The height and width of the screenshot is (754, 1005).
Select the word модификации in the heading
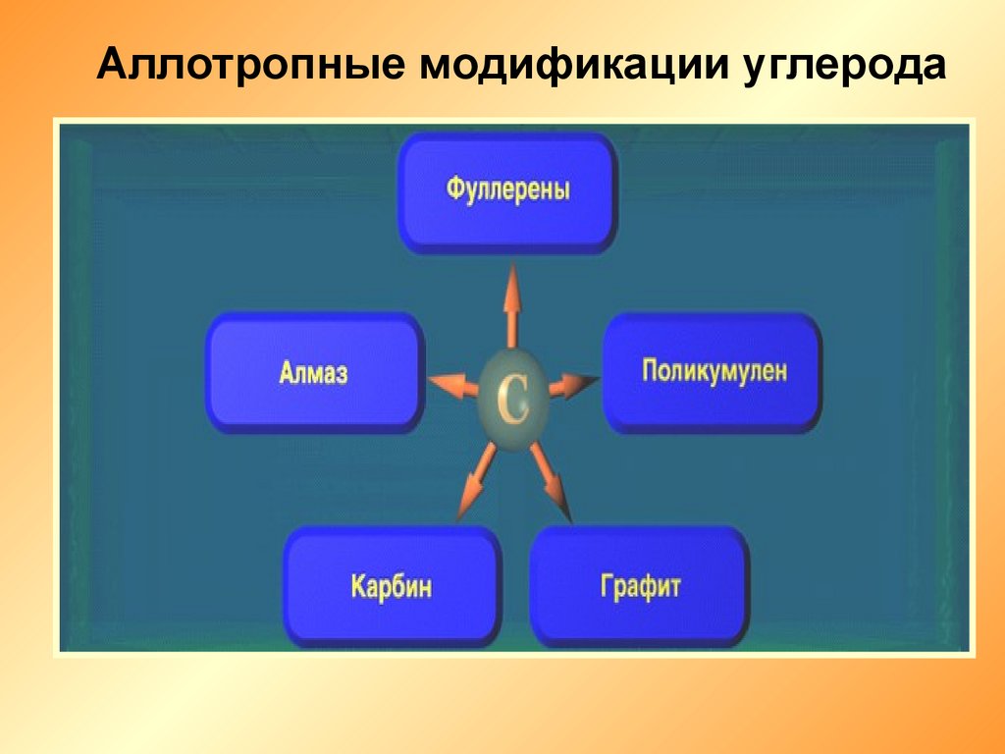[x=574, y=65]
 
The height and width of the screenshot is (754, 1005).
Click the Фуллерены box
[x=507, y=191]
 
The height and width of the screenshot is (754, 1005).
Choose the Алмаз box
[x=314, y=372]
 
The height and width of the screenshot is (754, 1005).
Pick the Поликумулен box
[x=713, y=372]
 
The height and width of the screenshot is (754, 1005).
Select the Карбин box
[x=393, y=586]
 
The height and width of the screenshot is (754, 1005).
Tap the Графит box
[x=639, y=586]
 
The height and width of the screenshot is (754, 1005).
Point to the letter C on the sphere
[x=513, y=400]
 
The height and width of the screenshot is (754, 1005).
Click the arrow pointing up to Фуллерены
[x=511, y=306]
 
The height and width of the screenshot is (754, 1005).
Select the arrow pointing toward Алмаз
[x=453, y=384]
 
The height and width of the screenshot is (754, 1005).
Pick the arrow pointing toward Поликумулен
[x=573, y=385]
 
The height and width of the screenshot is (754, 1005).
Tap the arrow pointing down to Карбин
[x=477, y=482]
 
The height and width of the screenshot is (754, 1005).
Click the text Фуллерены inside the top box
[x=507, y=190]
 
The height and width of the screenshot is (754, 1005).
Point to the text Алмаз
[x=313, y=372]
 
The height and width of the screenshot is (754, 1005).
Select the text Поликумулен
[x=714, y=370]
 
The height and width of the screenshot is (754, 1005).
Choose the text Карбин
[x=391, y=586]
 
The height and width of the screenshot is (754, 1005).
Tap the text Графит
[x=640, y=587]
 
